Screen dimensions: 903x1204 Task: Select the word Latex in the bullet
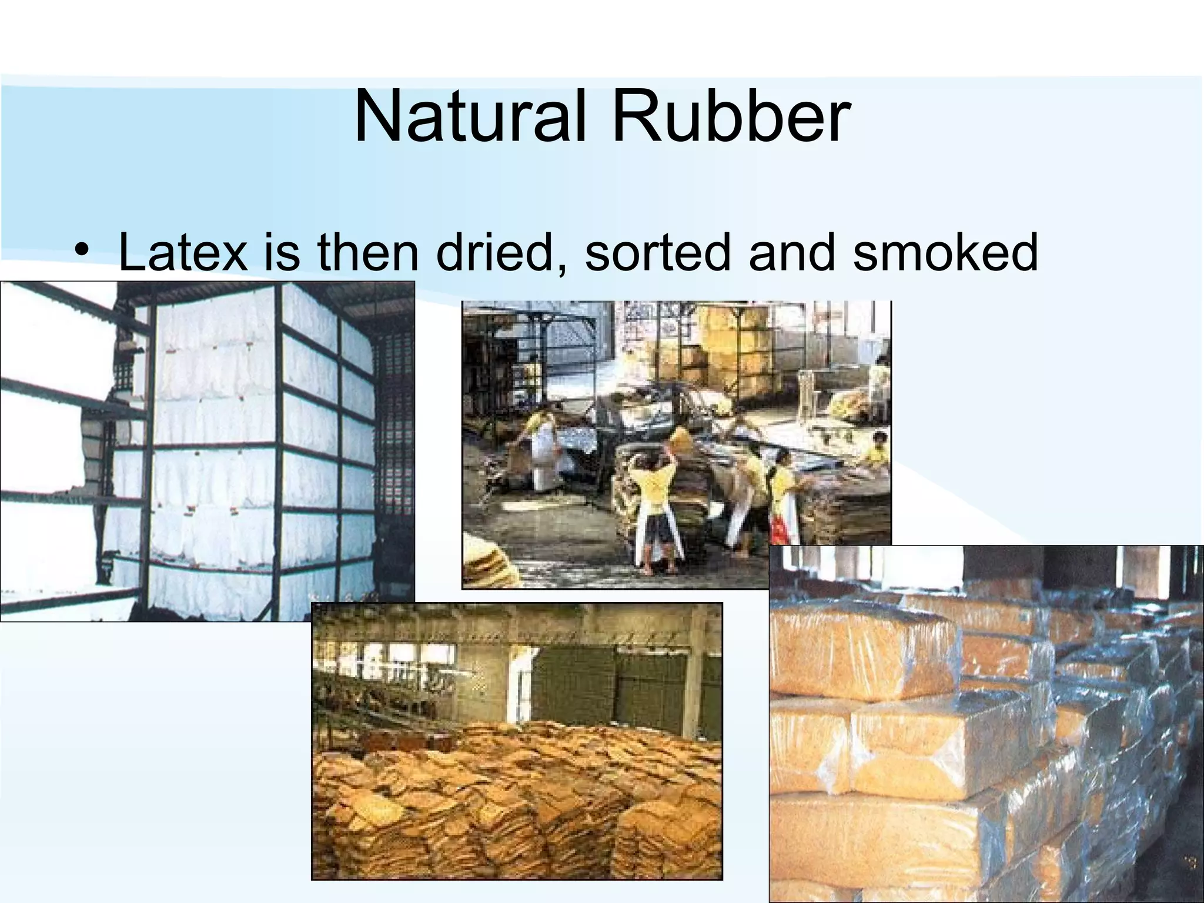pos(183,252)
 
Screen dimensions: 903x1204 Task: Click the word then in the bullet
pos(367,252)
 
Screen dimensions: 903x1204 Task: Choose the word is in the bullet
pos(283,252)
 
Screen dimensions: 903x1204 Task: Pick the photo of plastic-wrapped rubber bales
pos(986,723)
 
